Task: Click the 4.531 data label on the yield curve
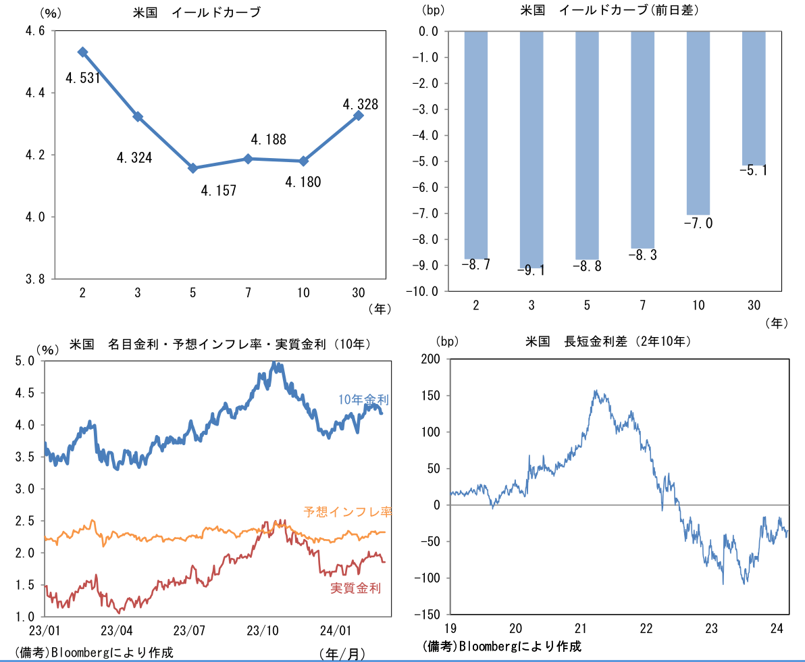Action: click(x=83, y=78)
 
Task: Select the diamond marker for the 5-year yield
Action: click(x=193, y=168)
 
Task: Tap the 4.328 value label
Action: click(x=361, y=105)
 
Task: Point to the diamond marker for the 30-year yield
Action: click(x=359, y=116)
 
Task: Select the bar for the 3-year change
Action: click(x=531, y=149)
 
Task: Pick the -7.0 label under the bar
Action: click(x=698, y=224)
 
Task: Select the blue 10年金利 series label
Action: click(x=364, y=400)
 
